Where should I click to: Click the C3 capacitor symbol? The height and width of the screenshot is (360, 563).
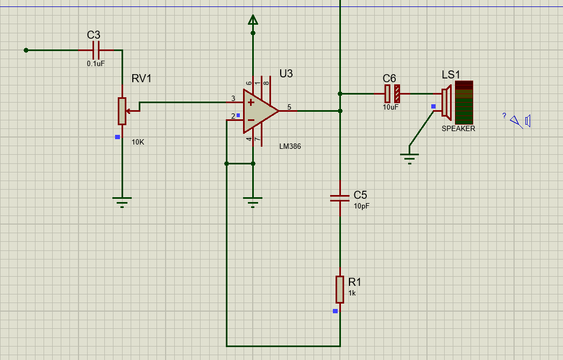pos(96,51)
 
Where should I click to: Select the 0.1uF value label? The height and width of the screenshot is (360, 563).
pos(96,63)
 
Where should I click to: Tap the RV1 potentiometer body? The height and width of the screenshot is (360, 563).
pos(122,111)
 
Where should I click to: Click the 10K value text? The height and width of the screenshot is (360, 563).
pos(138,142)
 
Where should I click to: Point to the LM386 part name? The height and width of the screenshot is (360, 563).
pos(290,147)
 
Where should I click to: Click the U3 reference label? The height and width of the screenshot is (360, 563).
pos(286,74)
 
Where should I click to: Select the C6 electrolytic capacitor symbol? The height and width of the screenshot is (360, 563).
pos(392,93)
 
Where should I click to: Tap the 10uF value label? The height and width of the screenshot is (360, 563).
pos(390,107)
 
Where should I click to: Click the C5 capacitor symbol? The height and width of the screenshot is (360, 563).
pos(340,198)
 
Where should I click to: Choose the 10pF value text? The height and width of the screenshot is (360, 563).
pos(361,206)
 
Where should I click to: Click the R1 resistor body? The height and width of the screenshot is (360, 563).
pos(340,289)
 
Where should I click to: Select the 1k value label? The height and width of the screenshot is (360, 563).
pos(352,293)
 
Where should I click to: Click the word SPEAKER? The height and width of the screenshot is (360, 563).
pos(458,128)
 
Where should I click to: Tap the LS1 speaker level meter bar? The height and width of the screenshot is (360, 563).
pos(464,103)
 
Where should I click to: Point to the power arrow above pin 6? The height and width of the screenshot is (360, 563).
pos(253,20)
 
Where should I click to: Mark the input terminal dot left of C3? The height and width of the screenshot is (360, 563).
pos(26,51)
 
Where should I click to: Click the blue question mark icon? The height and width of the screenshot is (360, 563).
pos(504,116)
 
